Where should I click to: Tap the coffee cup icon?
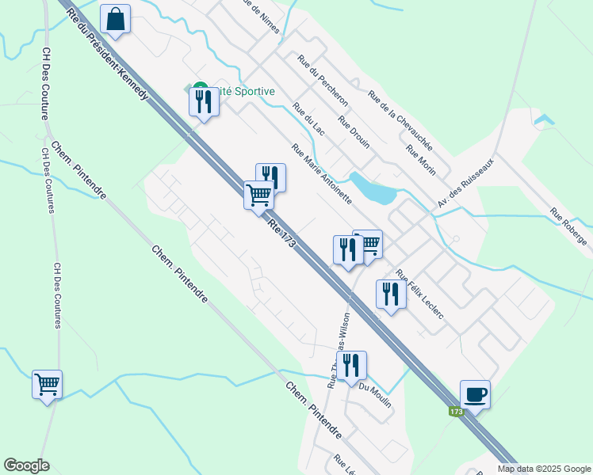click(x=475, y=393)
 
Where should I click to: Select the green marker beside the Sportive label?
click(x=200, y=89)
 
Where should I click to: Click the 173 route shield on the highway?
click(x=455, y=412)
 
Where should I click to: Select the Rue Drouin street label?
click(x=354, y=132)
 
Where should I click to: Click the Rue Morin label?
click(x=421, y=161)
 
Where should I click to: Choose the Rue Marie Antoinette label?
click(x=321, y=173)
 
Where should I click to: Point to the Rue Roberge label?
click(x=568, y=227)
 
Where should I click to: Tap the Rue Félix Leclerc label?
click(x=419, y=294)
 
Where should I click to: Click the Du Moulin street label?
click(x=376, y=394)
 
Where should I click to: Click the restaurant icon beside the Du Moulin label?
click(x=351, y=365)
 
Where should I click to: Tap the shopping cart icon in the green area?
click(x=48, y=385)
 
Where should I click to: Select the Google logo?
click(x=26, y=465)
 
